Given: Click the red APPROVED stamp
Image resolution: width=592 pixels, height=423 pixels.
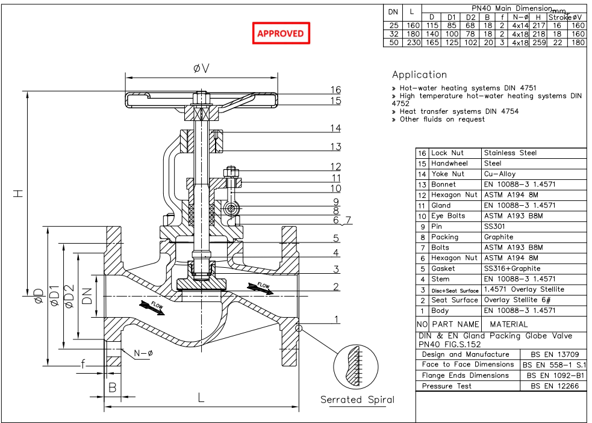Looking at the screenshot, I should pos(281,34).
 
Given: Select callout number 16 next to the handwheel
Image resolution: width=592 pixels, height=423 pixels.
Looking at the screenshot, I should pos(335,90).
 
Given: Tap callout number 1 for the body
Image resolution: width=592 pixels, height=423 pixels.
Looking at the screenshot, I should pos(337,320).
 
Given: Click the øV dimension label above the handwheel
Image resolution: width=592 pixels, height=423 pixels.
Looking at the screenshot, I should pos(202,69).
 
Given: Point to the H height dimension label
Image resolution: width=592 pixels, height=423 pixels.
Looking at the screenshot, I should pos(19,194).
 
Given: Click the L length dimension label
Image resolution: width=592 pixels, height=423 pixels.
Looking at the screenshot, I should pos(201,398).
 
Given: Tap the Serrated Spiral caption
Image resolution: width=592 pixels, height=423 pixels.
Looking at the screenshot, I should pos(357,400).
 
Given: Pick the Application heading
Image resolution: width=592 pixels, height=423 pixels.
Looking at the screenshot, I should pos(419,75).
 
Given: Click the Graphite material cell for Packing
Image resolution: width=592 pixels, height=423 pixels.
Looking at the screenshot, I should pos(499,237).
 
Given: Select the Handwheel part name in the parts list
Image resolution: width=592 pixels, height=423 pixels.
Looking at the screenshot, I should pos(449,164).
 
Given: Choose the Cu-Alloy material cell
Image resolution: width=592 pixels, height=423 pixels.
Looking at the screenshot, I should pos(500,174).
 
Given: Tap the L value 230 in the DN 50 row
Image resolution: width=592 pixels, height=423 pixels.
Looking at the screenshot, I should pos(412,43).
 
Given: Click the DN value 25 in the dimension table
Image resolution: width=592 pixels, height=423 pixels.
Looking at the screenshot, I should pos(393,26).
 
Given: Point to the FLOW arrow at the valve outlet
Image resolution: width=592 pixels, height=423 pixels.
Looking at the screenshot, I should pos(260,287).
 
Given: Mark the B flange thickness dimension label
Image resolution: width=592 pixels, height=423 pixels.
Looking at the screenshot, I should pos(113,388).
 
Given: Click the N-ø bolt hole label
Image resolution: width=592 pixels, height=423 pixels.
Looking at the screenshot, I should pos(142,353).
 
